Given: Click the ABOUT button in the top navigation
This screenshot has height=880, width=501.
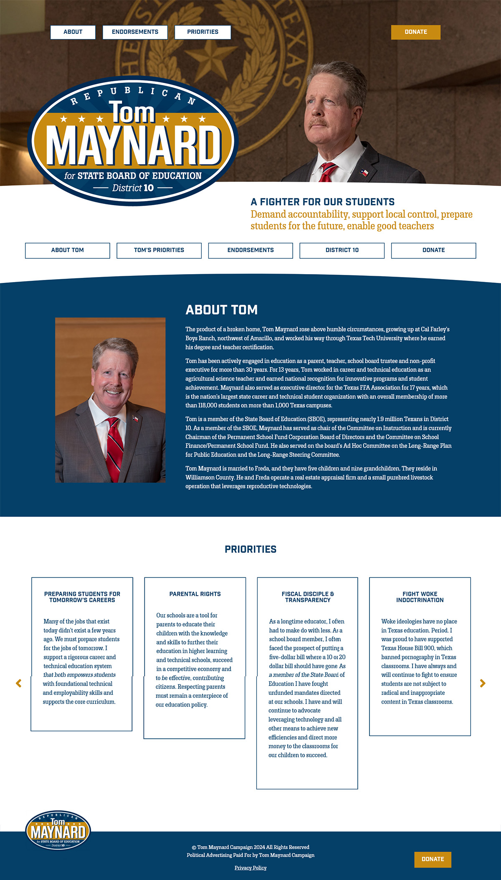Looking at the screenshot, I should [73, 32].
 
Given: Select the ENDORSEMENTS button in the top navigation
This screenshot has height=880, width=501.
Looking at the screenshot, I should [135, 32].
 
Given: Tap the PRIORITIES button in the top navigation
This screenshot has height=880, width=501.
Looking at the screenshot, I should [202, 32].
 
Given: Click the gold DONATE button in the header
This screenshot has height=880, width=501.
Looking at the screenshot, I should [415, 32].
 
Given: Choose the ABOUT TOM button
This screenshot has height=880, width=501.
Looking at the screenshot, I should [68, 250].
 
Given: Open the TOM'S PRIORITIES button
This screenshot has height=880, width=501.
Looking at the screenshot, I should [159, 250].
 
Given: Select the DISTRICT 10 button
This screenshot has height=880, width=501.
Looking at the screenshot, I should [342, 250].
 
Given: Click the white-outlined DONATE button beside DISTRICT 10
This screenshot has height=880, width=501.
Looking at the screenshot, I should [433, 250].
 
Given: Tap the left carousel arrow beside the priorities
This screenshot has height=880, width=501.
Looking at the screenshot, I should [18, 683].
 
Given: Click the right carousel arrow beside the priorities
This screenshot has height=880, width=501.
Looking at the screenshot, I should [483, 683].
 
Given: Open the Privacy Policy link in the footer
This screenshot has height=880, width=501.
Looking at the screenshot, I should [250, 868].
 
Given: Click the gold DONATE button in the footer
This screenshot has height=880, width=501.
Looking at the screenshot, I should [433, 859].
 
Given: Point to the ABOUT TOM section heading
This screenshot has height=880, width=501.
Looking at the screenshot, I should [221, 310].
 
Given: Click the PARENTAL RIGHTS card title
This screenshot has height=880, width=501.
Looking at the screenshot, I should [195, 594].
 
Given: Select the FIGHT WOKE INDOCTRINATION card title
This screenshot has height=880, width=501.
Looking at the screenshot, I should [420, 597].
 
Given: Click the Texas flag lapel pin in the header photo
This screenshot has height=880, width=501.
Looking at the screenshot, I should [364, 172].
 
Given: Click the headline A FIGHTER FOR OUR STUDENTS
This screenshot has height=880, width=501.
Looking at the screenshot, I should [322, 202].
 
